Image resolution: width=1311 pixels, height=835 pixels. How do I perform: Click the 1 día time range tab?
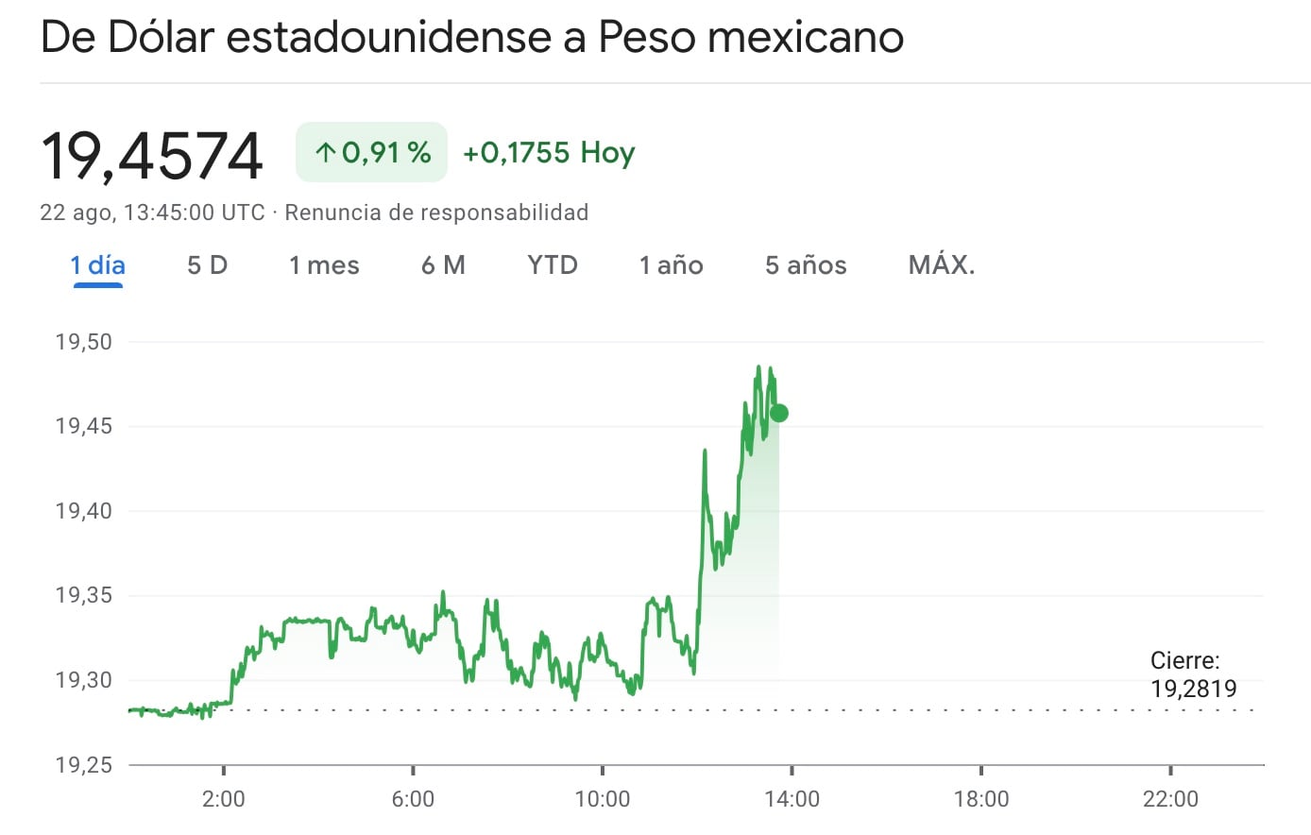pyautogui.click(x=97, y=265)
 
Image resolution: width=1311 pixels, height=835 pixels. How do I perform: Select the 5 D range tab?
pyautogui.click(x=207, y=265)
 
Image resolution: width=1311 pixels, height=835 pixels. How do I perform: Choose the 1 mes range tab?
pyautogui.click(x=324, y=265)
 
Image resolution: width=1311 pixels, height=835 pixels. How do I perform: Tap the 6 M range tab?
pyautogui.click(x=443, y=265)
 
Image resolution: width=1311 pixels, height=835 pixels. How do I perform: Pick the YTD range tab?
pyautogui.click(x=552, y=265)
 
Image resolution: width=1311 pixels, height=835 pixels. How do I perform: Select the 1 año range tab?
pyautogui.click(x=671, y=265)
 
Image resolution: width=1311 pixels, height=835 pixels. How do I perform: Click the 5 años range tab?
pyautogui.click(x=806, y=265)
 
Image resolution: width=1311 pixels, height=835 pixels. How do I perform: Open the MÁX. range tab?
pyautogui.click(x=941, y=265)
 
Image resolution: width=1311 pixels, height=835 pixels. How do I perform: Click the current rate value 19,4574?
pyautogui.click(x=152, y=156)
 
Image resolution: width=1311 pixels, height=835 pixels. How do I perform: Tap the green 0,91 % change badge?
pyautogui.click(x=371, y=152)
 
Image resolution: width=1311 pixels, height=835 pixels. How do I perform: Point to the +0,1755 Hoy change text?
pyautogui.click(x=549, y=152)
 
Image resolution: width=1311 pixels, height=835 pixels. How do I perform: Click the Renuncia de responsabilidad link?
pyautogui.click(x=436, y=213)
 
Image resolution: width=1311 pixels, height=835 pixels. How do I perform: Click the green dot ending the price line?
pyautogui.click(x=779, y=413)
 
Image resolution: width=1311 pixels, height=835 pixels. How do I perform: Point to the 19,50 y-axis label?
pyautogui.click(x=84, y=342)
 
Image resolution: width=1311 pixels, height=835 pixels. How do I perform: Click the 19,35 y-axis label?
pyautogui.click(x=84, y=595)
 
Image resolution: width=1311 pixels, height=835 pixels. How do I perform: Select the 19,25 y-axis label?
pyautogui.click(x=84, y=764)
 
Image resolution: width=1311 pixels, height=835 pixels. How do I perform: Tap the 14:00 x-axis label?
pyautogui.click(x=792, y=799)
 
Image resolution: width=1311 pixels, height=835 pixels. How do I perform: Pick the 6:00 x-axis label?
pyautogui.click(x=413, y=799)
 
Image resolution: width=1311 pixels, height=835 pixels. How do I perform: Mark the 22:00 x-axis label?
pyautogui.click(x=1170, y=799)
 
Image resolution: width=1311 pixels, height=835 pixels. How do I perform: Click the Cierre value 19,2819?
pyautogui.click(x=1193, y=689)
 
